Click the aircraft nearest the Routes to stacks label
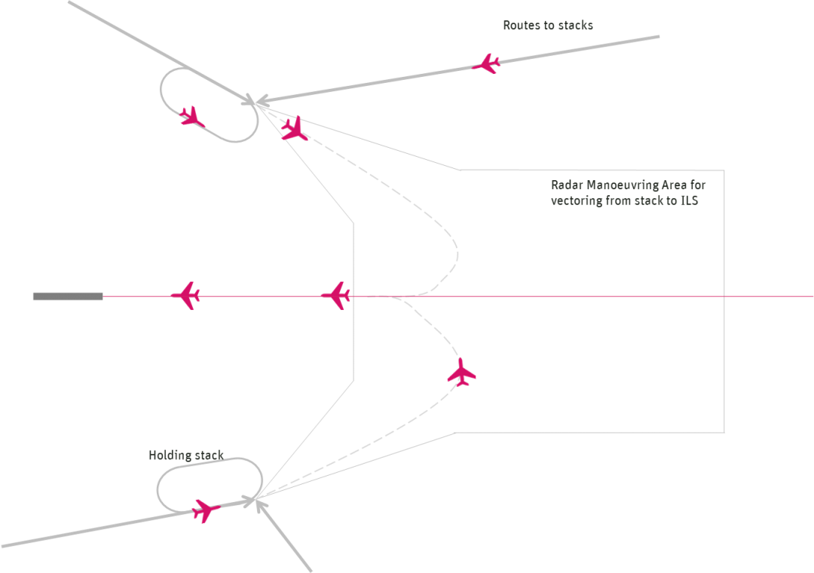487,63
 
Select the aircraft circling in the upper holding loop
191,117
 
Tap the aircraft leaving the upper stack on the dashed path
294,129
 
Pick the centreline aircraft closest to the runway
185,296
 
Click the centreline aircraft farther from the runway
336,295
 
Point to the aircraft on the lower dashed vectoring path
461,372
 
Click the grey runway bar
67,296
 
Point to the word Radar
566,185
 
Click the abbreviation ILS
689,201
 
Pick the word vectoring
577,201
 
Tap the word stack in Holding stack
210,455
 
